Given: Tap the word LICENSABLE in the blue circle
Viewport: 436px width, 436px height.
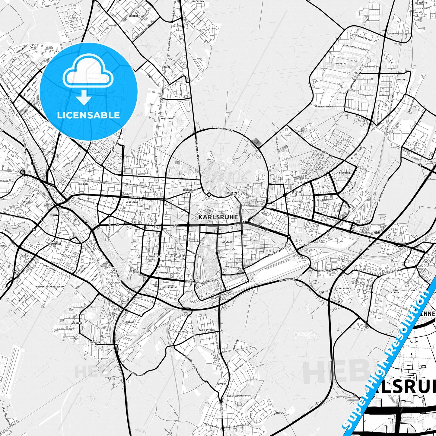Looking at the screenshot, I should point(88,115).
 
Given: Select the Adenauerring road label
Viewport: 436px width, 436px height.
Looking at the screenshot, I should point(224,129).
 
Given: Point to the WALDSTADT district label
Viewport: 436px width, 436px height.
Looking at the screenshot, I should point(341,64).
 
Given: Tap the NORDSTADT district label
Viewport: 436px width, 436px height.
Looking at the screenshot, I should point(167,119).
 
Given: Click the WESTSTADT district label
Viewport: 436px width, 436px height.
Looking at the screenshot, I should point(132,202).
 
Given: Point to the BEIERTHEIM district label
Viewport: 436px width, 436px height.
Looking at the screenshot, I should point(169,288).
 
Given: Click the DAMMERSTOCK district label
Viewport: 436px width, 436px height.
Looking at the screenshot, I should point(206,330).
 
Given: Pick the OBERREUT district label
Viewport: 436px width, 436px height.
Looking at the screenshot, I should point(77,323).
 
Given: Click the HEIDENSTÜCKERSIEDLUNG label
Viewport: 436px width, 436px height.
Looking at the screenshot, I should point(50,286).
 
